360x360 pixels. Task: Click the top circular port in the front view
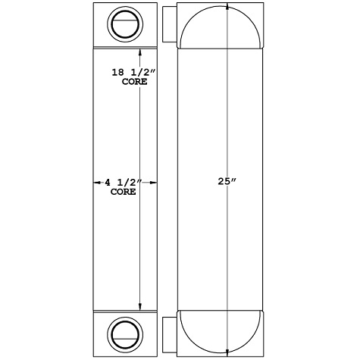(x=123, y=26)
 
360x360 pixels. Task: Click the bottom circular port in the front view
(x=123, y=333)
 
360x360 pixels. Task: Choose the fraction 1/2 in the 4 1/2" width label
(x=126, y=183)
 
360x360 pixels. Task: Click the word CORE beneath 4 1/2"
(x=123, y=193)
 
